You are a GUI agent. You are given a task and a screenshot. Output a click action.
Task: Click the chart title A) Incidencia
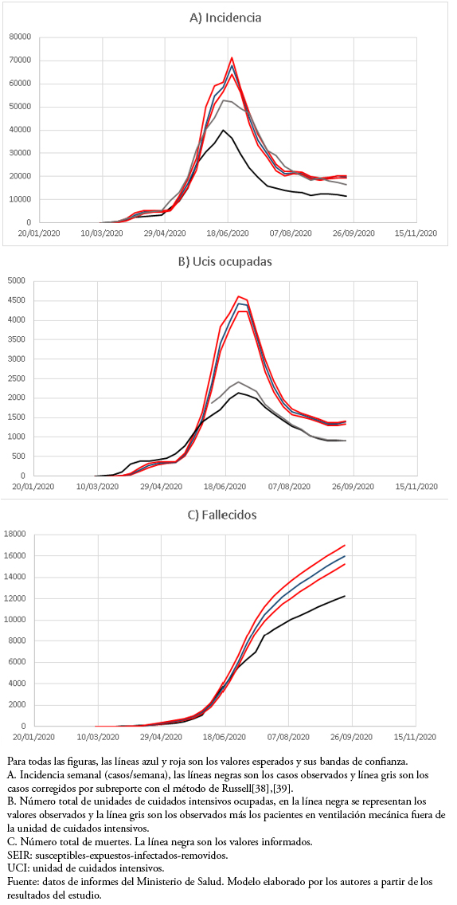(225, 18)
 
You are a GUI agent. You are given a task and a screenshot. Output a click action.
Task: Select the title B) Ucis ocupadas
(225, 261)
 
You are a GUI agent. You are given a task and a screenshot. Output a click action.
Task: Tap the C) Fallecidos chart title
(225, 514)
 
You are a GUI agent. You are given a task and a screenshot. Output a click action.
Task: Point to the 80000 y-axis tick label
(21, 37)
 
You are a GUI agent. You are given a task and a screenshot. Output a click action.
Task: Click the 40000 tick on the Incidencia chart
(21, 130)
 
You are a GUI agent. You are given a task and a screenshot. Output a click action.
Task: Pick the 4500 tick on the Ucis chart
(18, 300)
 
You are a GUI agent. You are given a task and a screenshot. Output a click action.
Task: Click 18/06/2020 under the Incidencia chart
(228, 233)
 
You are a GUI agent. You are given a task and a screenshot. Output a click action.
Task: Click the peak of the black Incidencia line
(223, 130)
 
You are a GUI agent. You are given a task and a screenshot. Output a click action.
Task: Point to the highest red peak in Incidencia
(232, 57)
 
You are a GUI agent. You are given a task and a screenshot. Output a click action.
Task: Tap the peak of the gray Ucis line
(238, 382)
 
